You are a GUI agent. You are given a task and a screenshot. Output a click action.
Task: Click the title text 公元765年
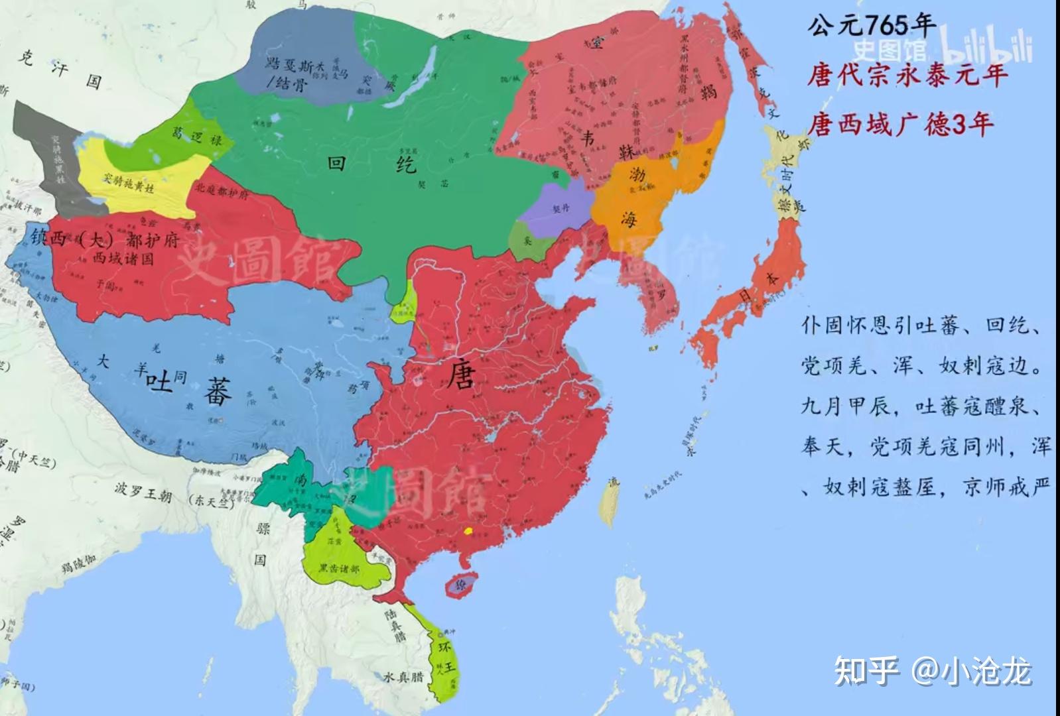870,27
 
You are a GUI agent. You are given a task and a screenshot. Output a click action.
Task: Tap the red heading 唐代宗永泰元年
907,74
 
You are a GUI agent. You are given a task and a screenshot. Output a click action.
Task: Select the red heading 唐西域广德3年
900,124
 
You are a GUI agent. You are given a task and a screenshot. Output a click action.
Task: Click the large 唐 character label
461,375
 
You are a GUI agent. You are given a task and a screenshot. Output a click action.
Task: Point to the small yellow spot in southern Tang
468,531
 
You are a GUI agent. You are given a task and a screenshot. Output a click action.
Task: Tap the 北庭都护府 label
222,191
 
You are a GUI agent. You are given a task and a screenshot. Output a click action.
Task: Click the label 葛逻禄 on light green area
197,137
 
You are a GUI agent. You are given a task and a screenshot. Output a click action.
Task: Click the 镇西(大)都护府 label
104,239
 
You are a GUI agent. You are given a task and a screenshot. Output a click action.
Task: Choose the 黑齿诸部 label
338,569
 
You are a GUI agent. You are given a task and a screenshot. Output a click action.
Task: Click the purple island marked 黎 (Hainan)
460,585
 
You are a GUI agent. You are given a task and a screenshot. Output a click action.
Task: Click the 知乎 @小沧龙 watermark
932,671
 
